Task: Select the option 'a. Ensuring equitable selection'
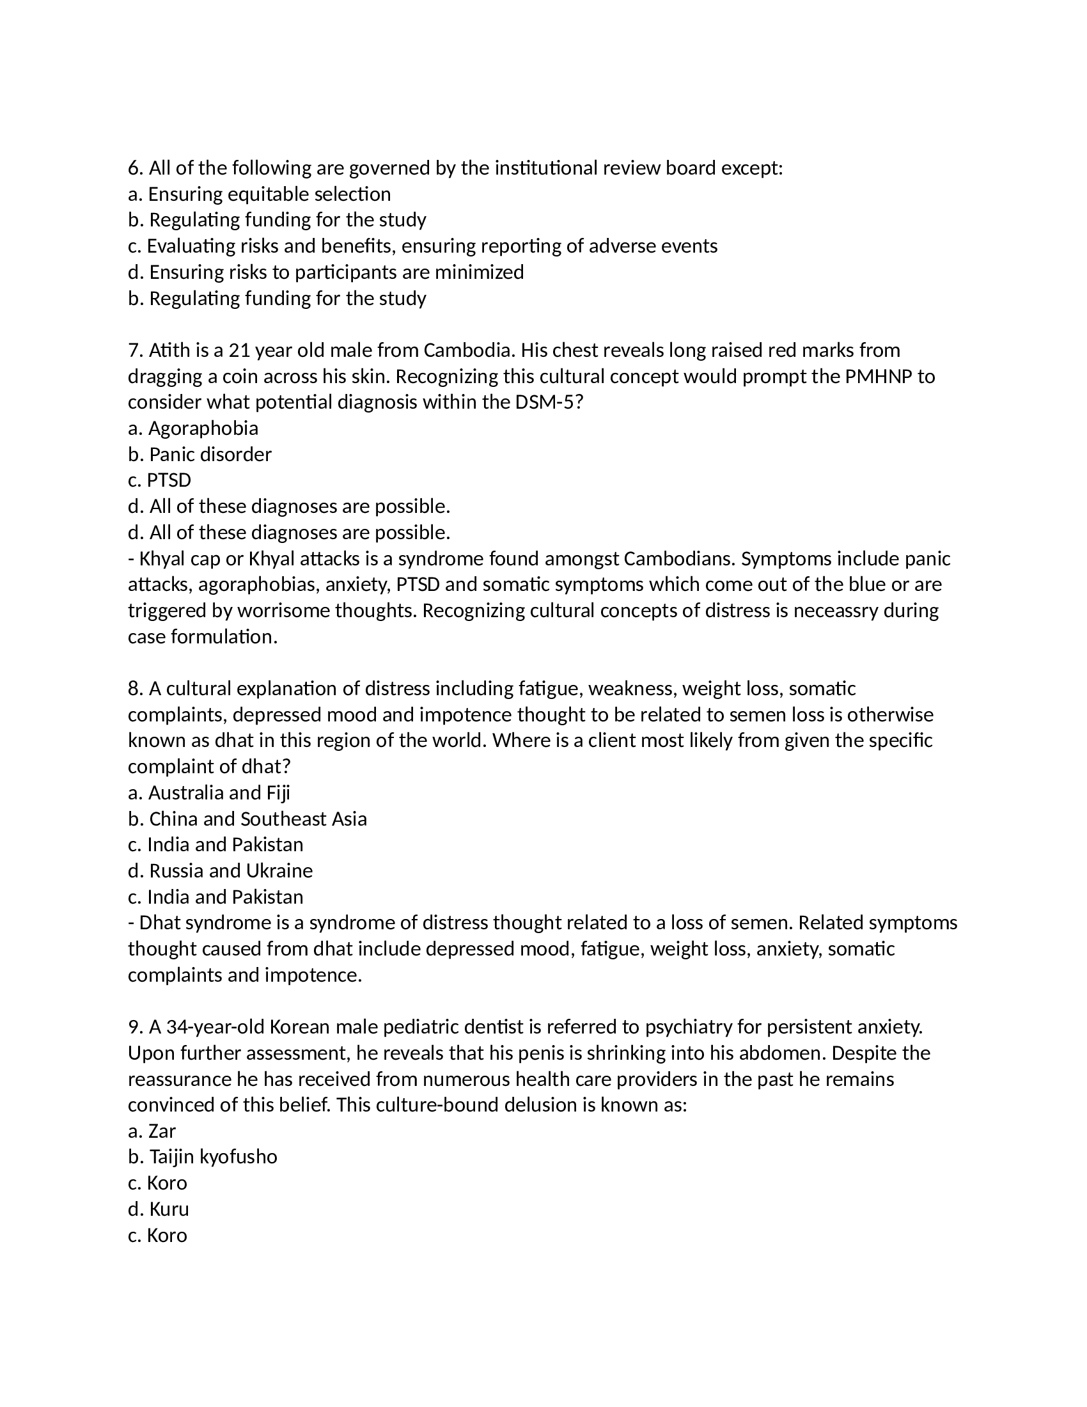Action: coord(259,194)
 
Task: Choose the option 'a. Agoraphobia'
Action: coord(193,428)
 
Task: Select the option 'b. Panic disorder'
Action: coord(199,454)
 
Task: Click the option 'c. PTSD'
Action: coord(160,480)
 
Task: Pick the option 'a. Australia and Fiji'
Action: coord(209,792)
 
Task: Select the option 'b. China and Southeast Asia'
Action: coord(247,819)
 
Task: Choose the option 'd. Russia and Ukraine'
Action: coord(220,870)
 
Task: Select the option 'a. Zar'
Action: coord(152,1131)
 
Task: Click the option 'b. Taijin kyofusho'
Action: coord(203,1156)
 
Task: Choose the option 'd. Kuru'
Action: coord(159,1209)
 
